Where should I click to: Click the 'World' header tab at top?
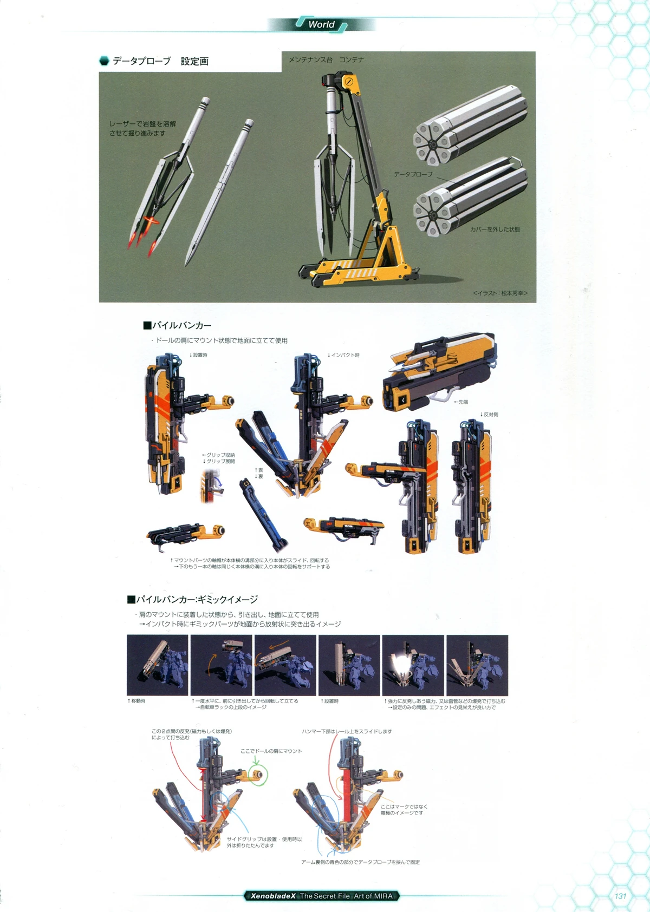click(x=321, y=24)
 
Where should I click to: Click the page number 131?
click(x=620, y=896)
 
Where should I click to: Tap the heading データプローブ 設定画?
click(x=160, y=61)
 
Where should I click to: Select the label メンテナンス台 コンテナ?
click(x=326, y=60)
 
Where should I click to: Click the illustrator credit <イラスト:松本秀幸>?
click(x=499, y=293)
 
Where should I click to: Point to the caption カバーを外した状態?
click(x=495, y=229)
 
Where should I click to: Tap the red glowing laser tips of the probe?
click(x=142, y=238)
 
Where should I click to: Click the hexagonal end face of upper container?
click(x=432, y=143)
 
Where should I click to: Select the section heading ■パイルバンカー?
click(x=177, y=325)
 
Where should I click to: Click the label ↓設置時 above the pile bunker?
click(x=198, y=355)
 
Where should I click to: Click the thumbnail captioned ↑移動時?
click(x=157, y=665)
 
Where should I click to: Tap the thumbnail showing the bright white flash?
click(x=413, y=665)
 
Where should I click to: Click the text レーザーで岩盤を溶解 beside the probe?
click(x=142, y=124)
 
